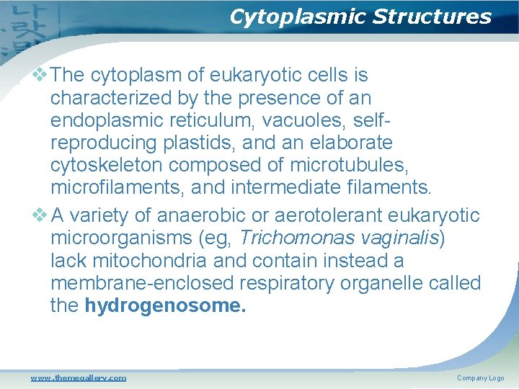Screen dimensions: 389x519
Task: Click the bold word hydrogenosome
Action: [165, 305]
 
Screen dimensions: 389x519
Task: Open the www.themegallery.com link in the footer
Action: [78, 377]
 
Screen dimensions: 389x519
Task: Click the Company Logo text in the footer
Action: [480, 378]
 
